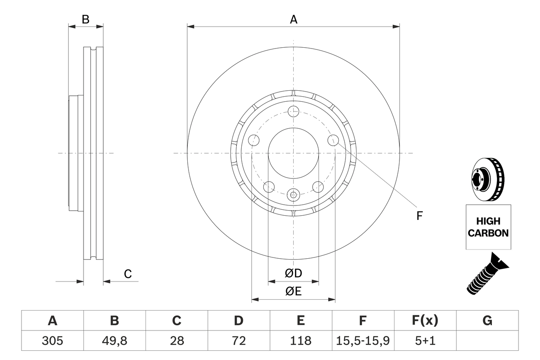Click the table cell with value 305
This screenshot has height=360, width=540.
(53, 341)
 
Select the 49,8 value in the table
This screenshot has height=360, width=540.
(114, 341)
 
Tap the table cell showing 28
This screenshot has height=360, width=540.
(176, 341)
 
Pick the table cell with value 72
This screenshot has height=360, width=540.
(238, 341)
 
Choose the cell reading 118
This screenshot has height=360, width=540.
(300, 341)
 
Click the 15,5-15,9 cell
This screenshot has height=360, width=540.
(363, 341)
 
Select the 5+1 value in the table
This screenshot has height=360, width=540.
(425, 341)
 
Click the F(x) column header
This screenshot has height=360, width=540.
(425, 321)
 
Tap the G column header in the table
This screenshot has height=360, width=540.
(487, 321)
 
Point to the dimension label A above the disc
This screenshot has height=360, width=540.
(293, 19)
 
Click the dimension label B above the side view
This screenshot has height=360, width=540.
(86, 19)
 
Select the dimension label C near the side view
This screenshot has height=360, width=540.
(128, 274)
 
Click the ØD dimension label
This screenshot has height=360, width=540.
(293, 273)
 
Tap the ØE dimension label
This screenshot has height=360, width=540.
(293, 292)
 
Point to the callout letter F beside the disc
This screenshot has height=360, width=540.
(419, 216)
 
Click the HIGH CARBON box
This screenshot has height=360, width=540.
(488, 227)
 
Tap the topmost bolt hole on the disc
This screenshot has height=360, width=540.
(293, 111)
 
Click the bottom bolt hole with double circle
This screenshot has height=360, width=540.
(293, 195)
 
